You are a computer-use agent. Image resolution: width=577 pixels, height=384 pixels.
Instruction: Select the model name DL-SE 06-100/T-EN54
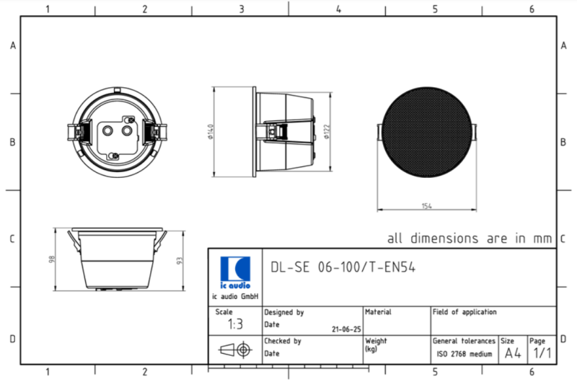[x=343, y=267]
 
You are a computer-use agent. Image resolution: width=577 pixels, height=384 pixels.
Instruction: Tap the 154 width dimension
[x=426, y=207]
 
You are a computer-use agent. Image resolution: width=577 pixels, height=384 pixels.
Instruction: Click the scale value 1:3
[x=235, y=325]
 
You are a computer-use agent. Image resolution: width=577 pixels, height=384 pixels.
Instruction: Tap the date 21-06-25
[x=346, y=329]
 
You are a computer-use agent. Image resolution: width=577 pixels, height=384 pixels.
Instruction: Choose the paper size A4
[x=512, y=353]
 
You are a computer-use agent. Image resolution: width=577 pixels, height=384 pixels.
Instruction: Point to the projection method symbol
[x=234, y=350]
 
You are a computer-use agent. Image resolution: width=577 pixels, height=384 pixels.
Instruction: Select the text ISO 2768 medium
[x=464, y=354]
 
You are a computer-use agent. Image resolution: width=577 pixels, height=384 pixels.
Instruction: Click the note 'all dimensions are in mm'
[x=469, y=238]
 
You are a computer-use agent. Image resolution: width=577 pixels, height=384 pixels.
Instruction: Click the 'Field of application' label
[x=464, y=312]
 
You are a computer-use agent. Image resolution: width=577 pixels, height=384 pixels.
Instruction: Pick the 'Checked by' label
[x=283, y=341]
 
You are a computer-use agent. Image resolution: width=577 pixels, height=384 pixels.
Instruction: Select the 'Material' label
[x=378, y=312]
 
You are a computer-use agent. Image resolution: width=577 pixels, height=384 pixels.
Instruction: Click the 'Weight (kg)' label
[x=376, y=345]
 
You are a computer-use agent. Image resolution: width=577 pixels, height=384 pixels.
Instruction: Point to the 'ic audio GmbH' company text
[x=235, y=297]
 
